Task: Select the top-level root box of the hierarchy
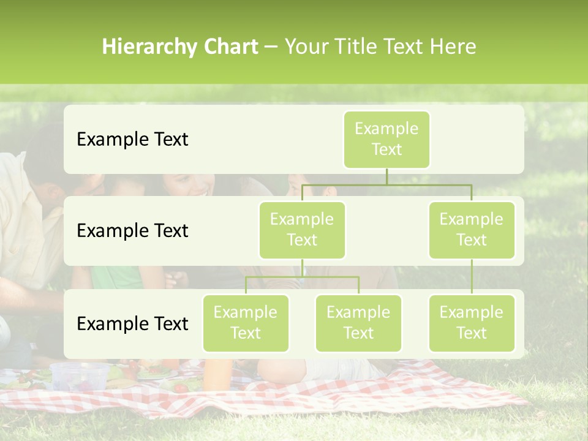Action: click(386, 140)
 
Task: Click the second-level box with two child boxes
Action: click(302, 230)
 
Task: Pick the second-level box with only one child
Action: click(472, 230)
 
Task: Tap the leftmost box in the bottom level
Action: click(246, 323)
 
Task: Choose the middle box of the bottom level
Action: click(358, 323)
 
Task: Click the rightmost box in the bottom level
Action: click(472, 323)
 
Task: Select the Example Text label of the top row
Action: click(132, 140)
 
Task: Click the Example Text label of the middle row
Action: click(132, 231)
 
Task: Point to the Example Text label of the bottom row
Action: click(132, 323)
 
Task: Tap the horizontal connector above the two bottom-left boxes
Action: click(302, 277)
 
